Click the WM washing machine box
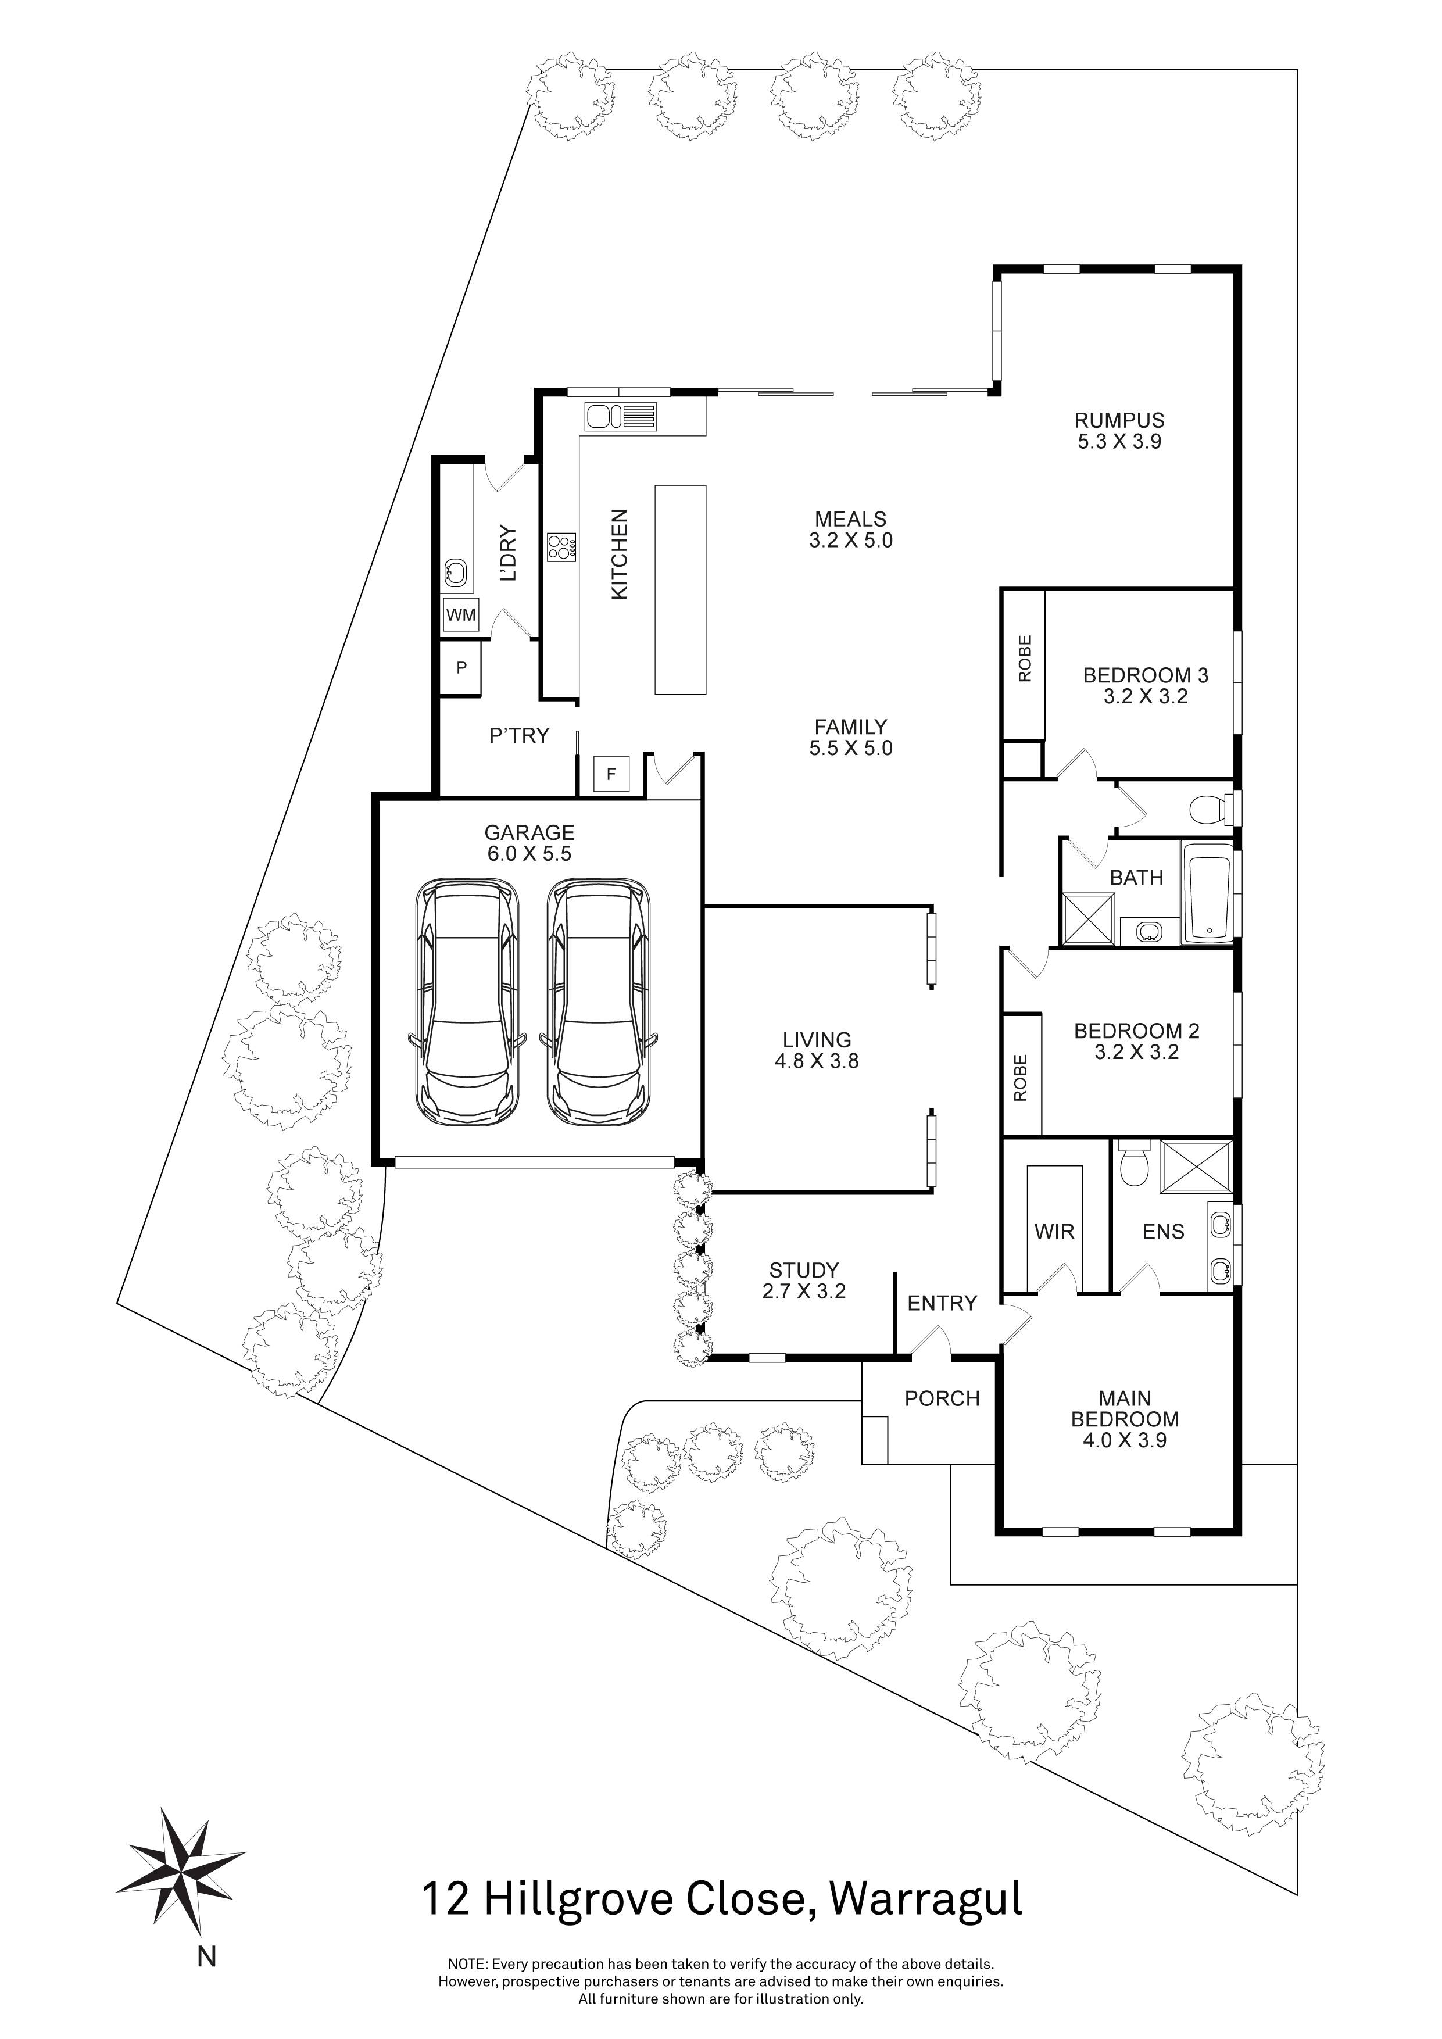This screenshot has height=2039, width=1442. pos(460,614)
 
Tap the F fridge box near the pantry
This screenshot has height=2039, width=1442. pos(610,774)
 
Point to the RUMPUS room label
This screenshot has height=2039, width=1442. pos(1119,420)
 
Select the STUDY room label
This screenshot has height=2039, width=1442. pos(804,1270)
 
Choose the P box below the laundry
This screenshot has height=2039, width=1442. pos(461,668)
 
